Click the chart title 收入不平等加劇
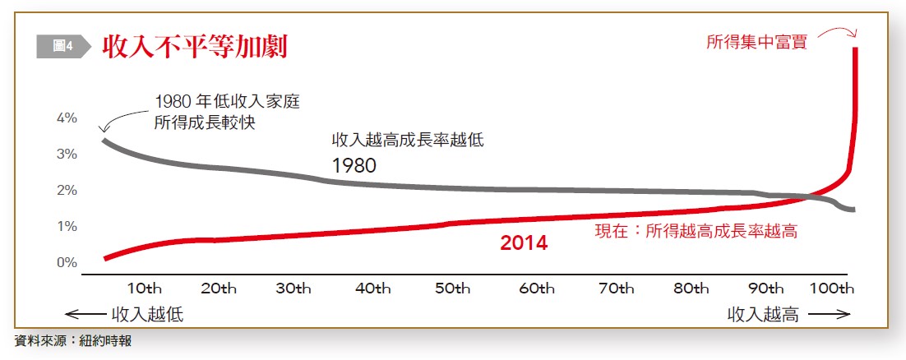(x=194, y=47)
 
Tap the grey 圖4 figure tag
(x=62, y=47)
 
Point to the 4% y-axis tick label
(x=66, y=118)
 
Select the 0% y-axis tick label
(x=66, y=262)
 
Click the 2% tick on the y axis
(x=66, y=190)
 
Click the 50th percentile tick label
(x=452, y=288)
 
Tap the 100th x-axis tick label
(x=833, y=288)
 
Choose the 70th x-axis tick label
(x=617, y=288)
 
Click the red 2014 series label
(x=524, y=243)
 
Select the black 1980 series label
(x=354, y=165)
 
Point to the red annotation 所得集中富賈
(x=756, y=42)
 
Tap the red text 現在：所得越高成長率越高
(x=696, y=231)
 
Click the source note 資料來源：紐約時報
(x=73, y=340)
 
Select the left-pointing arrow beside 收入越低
(x=86, y=315)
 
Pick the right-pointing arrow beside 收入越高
(x=829, y=315)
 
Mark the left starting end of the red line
(x=106, y=258)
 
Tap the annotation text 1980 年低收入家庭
(x=227, y=103)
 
